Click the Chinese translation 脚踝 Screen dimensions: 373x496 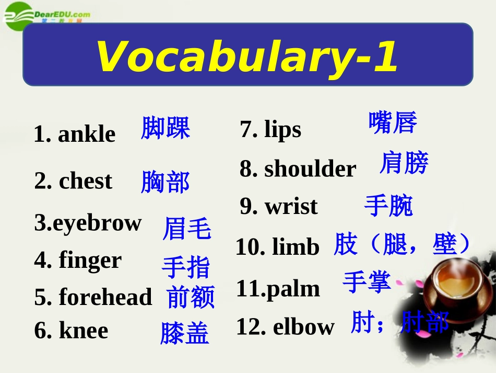tap(166, 128)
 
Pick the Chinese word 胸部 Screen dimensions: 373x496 tap(165, 183)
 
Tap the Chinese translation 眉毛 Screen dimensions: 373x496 tap(186, 229)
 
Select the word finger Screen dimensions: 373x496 tap(90, 260)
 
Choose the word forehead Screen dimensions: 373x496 tap(105, 297)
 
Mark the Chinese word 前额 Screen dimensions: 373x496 tap(191, 297)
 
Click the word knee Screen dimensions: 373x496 tap(84, 331)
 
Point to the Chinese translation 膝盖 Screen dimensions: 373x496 tap(184, 334)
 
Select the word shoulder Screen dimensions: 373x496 tap(310, 169)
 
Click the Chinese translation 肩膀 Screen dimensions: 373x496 tap(404, 163)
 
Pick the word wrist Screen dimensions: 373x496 tap(291, 207)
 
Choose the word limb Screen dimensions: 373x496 tap(296, 246)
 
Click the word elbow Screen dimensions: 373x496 tap(303, 327)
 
